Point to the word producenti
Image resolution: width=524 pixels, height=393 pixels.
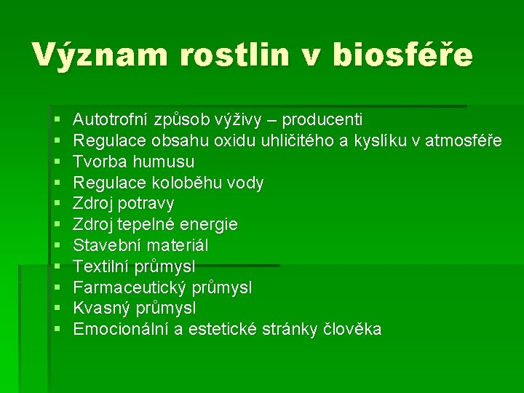point(322,119)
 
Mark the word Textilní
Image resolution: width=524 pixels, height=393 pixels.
point(100,266)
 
